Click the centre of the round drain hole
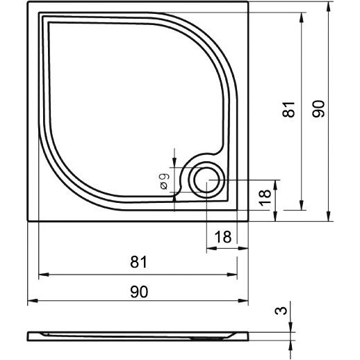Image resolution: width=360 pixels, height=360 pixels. point(206,180)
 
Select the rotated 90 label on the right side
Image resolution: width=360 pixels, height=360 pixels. point(318,109)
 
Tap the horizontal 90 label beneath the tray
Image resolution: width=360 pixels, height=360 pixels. point(139,291)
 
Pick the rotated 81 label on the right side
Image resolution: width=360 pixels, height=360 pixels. point(288,109)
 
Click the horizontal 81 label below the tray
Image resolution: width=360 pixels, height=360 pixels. point(138,262)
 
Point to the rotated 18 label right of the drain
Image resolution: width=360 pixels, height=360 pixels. point(265,197)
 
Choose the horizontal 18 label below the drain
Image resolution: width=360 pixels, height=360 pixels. point(223,237)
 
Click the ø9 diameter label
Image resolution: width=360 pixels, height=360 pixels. point(165,181)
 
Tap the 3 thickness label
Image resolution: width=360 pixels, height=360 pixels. point(281,311)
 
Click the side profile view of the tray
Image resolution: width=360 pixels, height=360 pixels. point(138,336)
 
